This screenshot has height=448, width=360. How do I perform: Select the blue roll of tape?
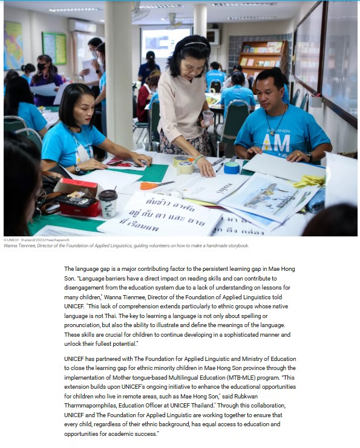[x=232, y=167]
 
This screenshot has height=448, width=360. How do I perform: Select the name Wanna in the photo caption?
[x=10, y=245]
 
